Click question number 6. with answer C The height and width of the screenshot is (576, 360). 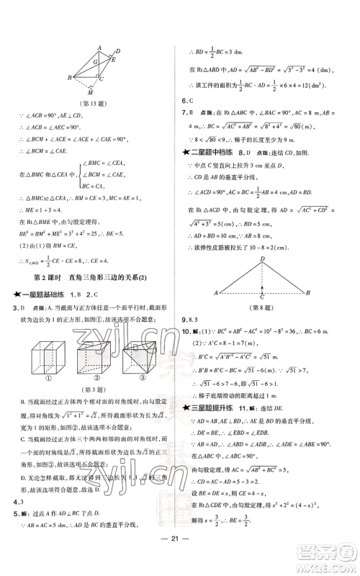[185, 101]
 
